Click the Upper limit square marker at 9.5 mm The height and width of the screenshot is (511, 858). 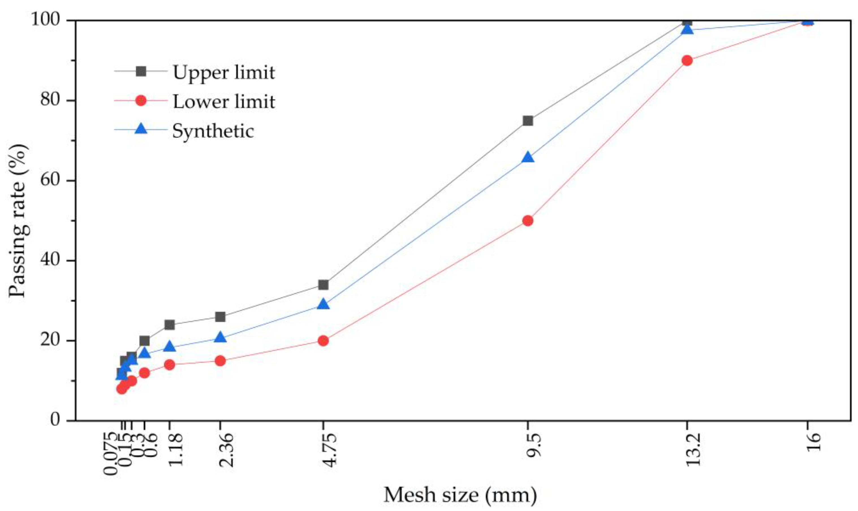(528, 121)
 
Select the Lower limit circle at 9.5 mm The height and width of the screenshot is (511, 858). (528, 221)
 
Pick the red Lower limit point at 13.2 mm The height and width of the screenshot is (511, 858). (687, 60)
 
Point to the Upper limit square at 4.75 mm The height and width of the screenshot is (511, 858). (323, 285)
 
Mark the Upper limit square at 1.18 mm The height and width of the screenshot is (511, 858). (169, 325)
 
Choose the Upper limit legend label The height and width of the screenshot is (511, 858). (223, 72)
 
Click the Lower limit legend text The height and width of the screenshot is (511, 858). (223, 101)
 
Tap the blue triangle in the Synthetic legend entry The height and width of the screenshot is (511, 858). (141, 129)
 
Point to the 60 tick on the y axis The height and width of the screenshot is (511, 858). (52, 180)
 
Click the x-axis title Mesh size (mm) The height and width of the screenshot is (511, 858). (460, 495)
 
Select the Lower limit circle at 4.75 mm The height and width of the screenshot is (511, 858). (323, 341)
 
